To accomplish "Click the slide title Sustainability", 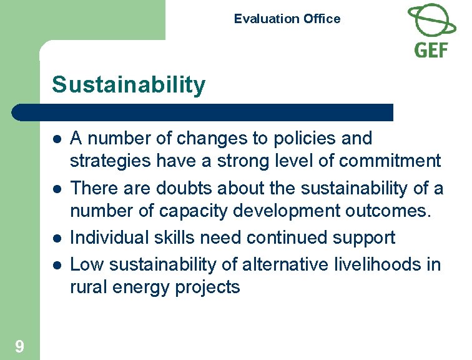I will [129, 85].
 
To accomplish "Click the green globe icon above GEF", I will [431, 20].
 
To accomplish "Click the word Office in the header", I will [322, 19].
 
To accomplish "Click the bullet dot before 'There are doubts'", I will [56, 188].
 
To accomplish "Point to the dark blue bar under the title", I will [203, 112].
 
